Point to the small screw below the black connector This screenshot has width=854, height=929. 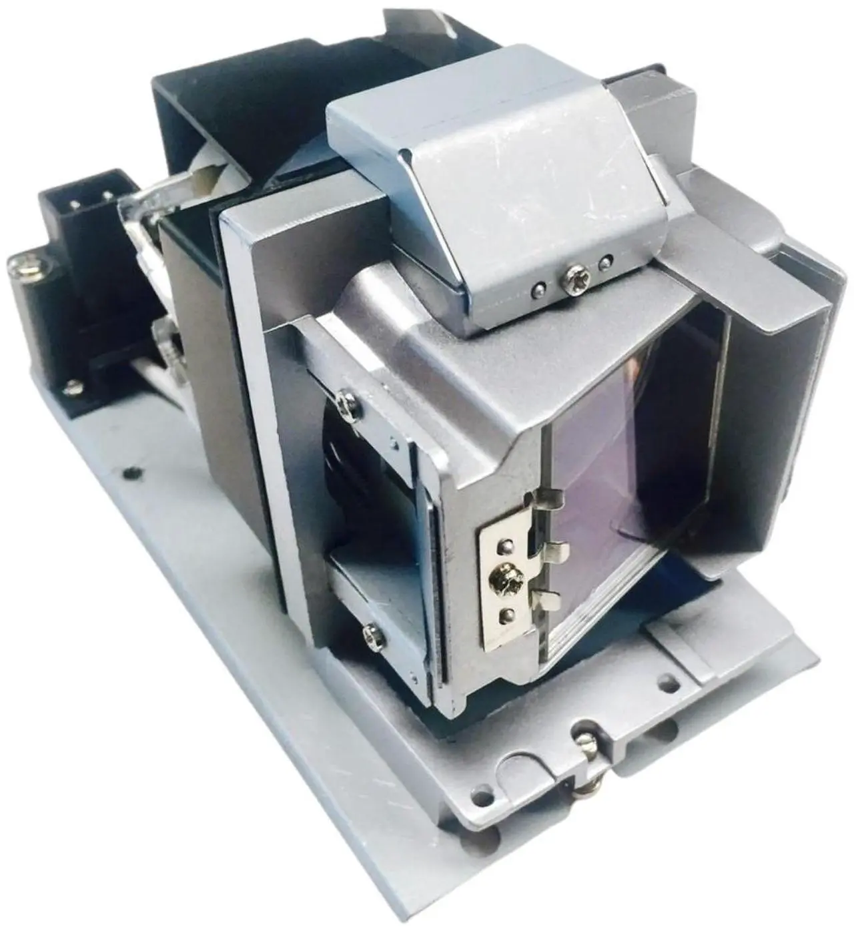pyautogui.click(x=71, y=386)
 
